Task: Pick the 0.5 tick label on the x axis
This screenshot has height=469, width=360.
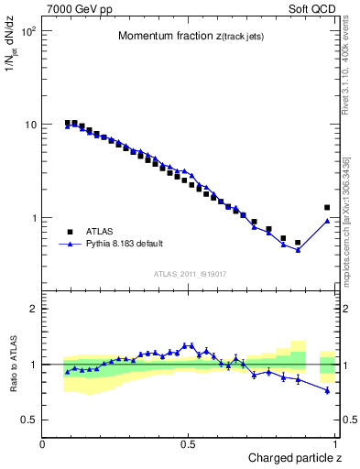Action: [x=189, y=444]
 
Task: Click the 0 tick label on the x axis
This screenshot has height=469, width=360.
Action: [x=43, y=444]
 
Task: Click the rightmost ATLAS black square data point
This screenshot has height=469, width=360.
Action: [x=327, y=208]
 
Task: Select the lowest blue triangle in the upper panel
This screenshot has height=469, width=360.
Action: [x=298, y=250]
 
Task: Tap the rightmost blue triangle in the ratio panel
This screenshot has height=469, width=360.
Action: [x=327, y=390]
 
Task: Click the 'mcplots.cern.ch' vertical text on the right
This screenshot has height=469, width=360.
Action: [x=350, y=238]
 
